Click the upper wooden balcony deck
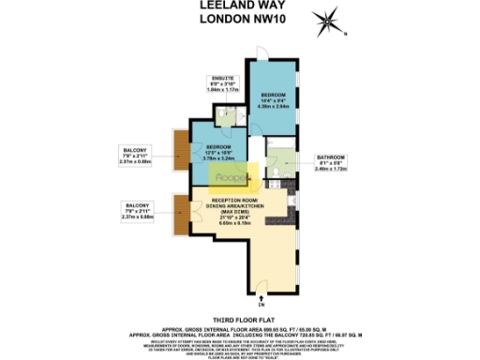[x=181, y=152]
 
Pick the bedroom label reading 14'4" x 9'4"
[x=272, y=100]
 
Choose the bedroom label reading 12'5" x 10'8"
[x=221, y=153]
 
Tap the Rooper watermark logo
[x=231, y=176]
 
